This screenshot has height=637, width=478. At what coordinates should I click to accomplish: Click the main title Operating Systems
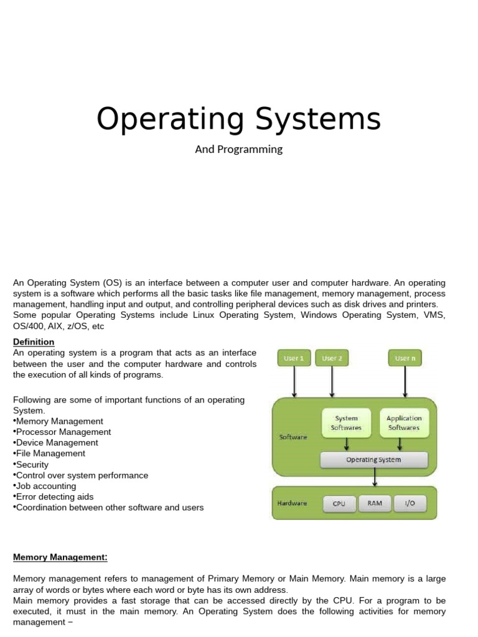pyautogui.click(x=238, y=119)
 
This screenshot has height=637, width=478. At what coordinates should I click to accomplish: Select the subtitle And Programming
pyautogui.click(x=239, y=149)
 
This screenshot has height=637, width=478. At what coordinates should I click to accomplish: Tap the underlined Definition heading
pyautogui.click(x=34, y=342)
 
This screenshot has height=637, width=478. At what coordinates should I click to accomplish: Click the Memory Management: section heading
pyautogui.click(x=60, y=557)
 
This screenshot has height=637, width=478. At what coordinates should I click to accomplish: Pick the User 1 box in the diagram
pyautogui.click(x=294, y=358)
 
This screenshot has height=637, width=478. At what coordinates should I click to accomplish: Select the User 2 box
pyautogui.click(x=332, y=358)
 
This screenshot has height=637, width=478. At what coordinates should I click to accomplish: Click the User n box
pyautogui.click(x=405, y=358)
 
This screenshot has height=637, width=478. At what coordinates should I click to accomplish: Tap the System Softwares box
pyautogui.click(x=347, y=423)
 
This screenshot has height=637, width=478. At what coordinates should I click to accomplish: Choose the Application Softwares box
pyautogui.click(x=404, y=423)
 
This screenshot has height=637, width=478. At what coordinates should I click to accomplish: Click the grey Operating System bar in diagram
pyautogui.click(x=373, y=460)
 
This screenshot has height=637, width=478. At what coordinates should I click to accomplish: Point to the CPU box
pyautogui.click(x=339, y=503)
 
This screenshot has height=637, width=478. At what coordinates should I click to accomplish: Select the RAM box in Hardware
pyautogui.click(x=375, y=503)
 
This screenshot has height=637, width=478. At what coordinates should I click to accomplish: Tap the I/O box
pyautogui.click(x=410, y=503)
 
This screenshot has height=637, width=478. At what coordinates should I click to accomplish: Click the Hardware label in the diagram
pyautogui.click(x=292, y=503)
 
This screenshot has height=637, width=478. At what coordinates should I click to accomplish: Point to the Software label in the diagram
pyautogui.click(x=293, y=437)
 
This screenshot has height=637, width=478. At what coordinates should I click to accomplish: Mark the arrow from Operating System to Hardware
pyautogui.click(x=374, y=477)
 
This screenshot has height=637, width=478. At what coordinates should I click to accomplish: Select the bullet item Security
pyautogui.click(x=32, y=465)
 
